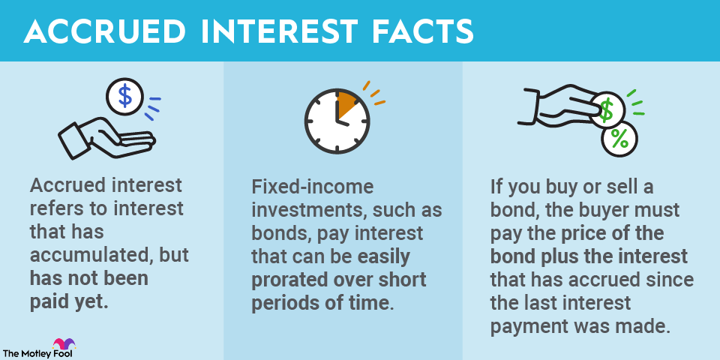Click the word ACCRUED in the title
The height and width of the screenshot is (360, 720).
(x=105, y=32)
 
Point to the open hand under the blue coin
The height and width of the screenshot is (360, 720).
(x=105, y=136)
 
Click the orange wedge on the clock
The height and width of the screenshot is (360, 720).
(x=346, y=103)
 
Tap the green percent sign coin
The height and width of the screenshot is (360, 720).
(x=619, y=139)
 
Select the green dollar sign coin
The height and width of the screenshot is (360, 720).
(x=607, y=111)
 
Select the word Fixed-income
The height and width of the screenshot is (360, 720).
(x=313, y=187)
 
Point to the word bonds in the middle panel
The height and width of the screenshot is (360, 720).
(x=277, y=234)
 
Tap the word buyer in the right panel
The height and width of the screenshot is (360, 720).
(x=601, y=211)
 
